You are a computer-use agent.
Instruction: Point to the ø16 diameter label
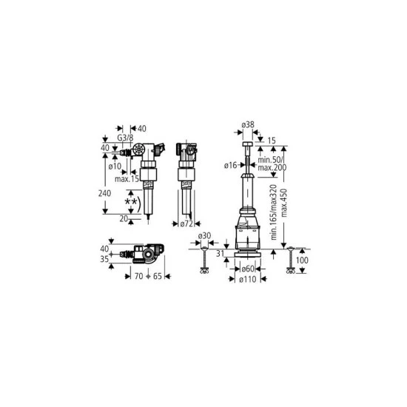click(232, 164)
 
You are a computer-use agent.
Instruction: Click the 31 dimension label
click(218, 253)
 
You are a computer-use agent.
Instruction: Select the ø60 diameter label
click(248, 269)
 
